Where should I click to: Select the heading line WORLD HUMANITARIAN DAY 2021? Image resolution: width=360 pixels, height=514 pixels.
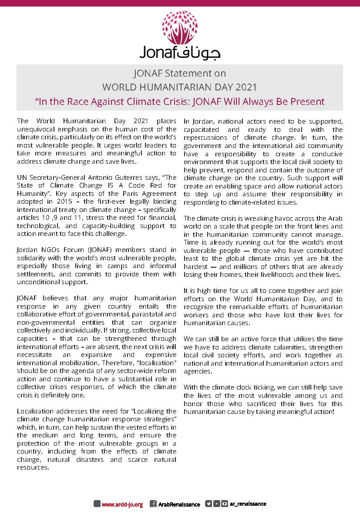click(179, 87)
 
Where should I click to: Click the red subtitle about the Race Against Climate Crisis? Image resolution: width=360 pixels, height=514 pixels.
click(180, 101)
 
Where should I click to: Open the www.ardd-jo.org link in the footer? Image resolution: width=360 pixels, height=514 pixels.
click(122, 504)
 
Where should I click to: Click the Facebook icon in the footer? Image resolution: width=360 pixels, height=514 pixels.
click(153, 504)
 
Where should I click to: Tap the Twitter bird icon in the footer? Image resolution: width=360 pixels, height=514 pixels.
click(209, 504)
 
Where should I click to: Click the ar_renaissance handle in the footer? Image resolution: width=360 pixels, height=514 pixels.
click(248, 504)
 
